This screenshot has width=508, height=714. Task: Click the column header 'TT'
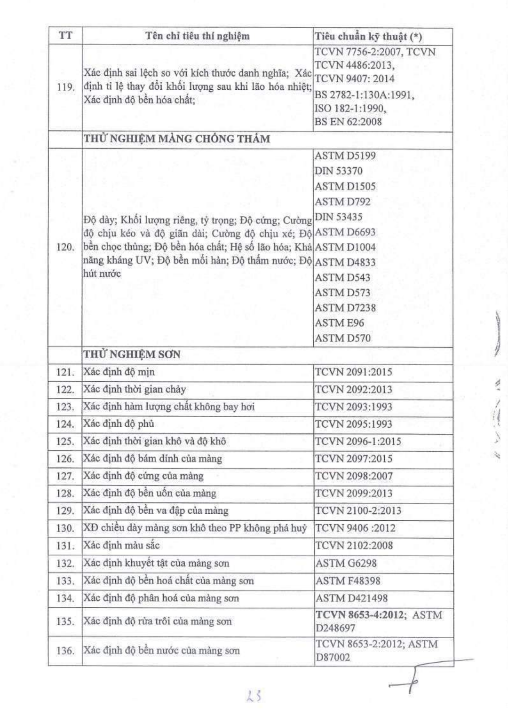coord(65,36)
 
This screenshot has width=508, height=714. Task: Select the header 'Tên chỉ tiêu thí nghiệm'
coord(197,36)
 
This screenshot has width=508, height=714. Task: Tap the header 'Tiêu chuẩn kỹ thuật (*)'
coord(368,36)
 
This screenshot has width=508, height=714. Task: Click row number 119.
coord(65,87)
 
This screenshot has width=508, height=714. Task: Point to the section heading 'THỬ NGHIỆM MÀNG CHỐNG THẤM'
coord(177,139)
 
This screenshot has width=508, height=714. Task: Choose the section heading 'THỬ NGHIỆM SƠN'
coord(132,354)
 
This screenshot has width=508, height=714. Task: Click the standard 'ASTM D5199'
coord(345,156)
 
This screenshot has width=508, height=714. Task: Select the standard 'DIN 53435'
coord(338,217)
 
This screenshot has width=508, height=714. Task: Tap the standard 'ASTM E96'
coord(339,323)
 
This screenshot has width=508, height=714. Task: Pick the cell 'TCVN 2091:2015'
coord(353,372)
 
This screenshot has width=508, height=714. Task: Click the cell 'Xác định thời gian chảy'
coord(135,389)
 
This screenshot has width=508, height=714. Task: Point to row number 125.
coord(65,441)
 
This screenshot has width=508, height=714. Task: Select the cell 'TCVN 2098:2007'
coord(354,476)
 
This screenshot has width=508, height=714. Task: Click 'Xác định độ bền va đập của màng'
coord(156,510)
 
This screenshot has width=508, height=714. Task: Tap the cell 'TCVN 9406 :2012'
coord(355,528)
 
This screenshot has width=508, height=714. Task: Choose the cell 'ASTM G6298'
coord(346,563)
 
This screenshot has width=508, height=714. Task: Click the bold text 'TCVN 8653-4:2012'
coord(359,615)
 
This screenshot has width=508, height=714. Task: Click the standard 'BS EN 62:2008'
coord(348,122)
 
